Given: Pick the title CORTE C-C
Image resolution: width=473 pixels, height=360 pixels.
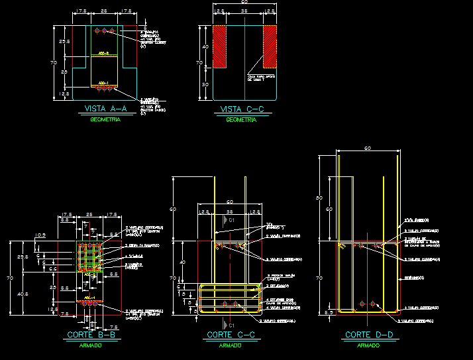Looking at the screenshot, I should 229,335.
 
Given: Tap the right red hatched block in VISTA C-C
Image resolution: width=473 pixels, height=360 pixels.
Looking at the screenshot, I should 270,46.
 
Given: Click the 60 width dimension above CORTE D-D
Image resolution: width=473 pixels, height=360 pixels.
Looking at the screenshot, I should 368,149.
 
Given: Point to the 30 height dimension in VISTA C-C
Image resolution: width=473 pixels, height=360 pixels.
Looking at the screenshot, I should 205,85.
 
